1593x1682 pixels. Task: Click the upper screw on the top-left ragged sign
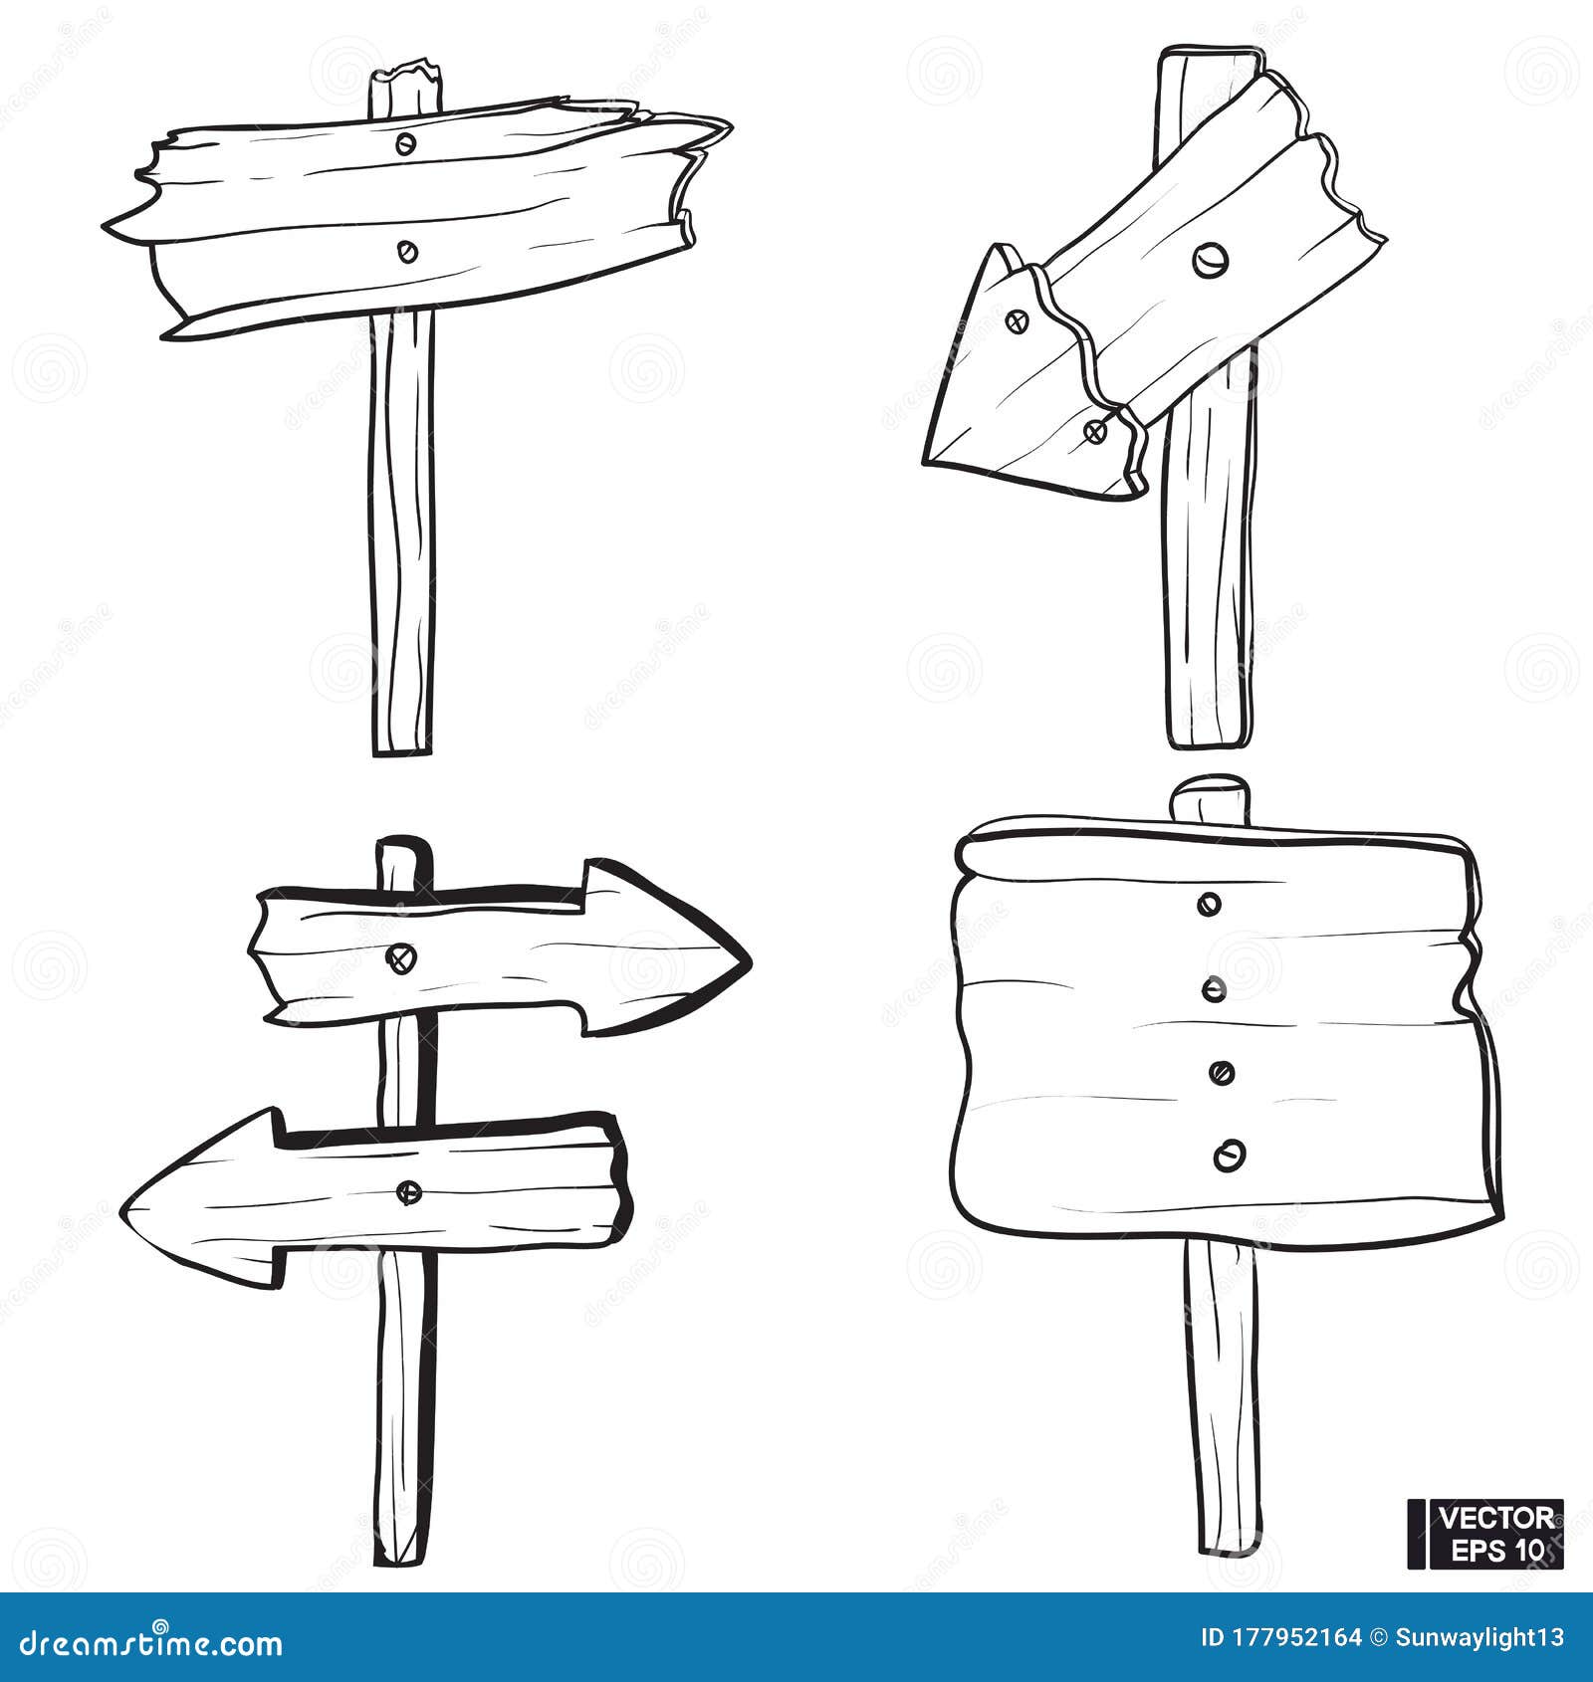click(405, 144)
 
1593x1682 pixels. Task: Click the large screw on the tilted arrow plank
click(1210, 261)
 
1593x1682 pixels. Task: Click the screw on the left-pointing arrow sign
click(408, 1191)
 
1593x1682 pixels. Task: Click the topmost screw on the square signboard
click(1211, 904)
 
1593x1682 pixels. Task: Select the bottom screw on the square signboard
click(1230, 1155)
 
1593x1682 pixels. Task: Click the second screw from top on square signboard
click(1214, 989)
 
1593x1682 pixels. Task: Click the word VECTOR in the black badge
click(1496, 1517)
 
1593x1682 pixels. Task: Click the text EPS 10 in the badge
click(1496, 1549)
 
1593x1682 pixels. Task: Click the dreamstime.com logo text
click(148, 1643)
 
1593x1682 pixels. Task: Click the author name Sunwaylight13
click(1479, 1637)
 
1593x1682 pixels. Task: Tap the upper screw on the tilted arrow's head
click(1017, 321)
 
